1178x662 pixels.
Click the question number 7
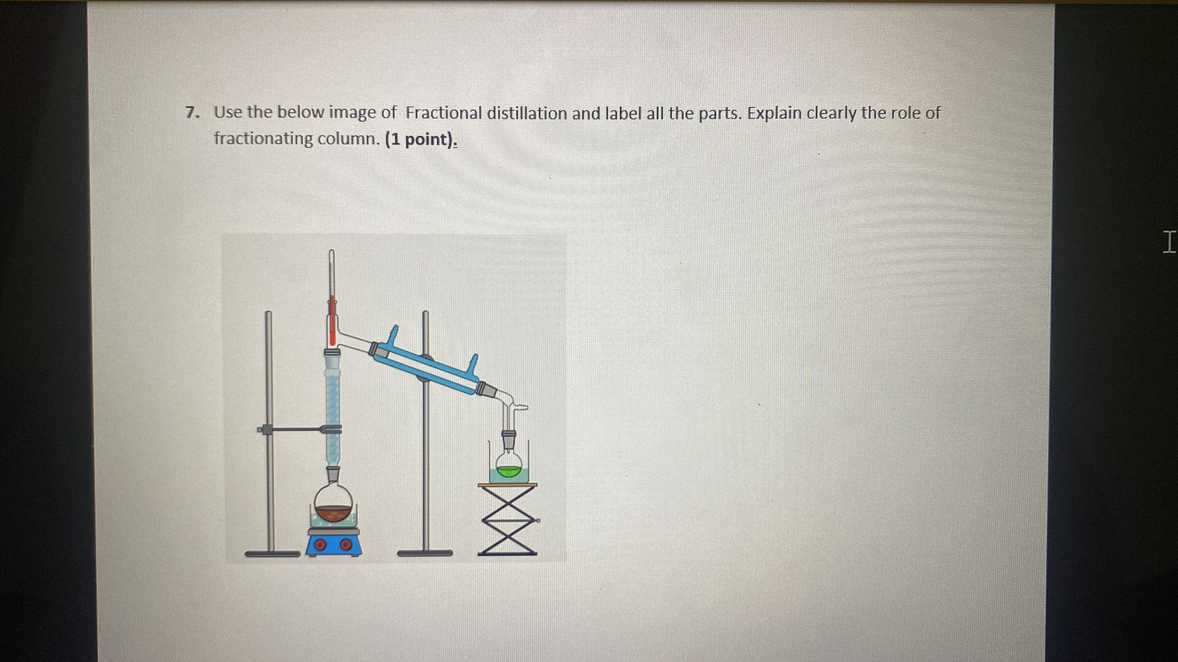point(192,113)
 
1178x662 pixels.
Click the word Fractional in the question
point(443,113)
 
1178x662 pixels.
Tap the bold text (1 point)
point(420,140)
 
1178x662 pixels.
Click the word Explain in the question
point(774,113)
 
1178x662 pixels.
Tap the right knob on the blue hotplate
point(345,544)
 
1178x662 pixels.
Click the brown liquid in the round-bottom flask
point(334,512)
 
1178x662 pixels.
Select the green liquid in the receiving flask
point(508,471)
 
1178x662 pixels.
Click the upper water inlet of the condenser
point(393,333)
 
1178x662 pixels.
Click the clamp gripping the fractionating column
point(332,429)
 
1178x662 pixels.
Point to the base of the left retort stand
point(272,554)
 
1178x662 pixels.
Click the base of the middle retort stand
point(424,553)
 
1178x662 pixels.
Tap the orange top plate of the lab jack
point(507,485)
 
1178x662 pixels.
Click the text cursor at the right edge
point(1168,242)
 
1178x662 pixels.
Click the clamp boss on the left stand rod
point(266,429)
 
